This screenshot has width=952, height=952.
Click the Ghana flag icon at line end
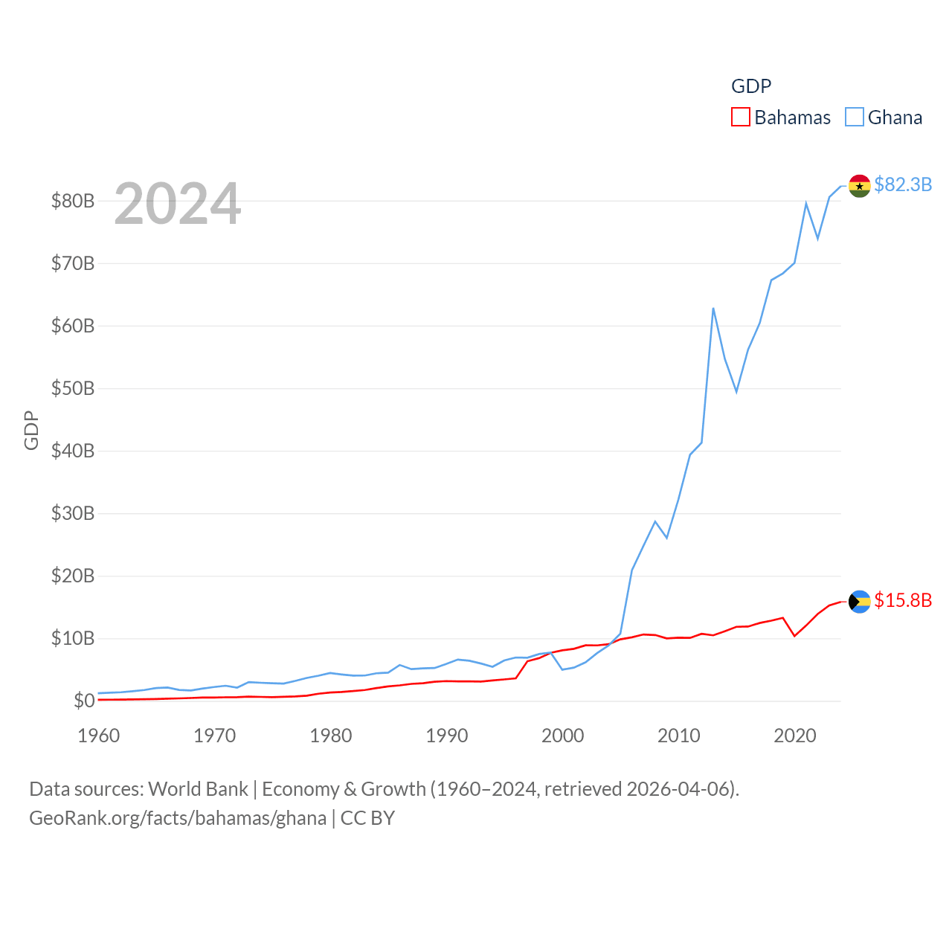coord(859,186)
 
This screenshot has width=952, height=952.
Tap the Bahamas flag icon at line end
coord(859,601)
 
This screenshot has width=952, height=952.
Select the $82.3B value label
coord(903,184)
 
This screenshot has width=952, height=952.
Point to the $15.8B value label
coord(903,600)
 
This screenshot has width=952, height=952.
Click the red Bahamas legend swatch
coord(741,118)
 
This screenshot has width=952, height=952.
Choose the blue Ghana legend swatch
coord(855,118)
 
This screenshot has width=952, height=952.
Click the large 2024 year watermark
coord(177,204)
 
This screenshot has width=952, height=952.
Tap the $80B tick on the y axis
coord(72,201)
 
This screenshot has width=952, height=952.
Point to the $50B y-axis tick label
coord(72,388)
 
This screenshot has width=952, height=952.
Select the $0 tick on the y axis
coord(84,701)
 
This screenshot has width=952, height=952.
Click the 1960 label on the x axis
coord(99,736)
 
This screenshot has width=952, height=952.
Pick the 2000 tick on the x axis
coord(563,736)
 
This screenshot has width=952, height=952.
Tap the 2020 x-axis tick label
coord(795,736)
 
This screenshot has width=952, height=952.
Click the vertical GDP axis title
coord(31,430)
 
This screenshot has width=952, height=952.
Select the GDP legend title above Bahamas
coord(751,86)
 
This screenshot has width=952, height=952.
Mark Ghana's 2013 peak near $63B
coord(713,308)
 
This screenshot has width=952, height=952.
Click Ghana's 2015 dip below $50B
coord(736,391)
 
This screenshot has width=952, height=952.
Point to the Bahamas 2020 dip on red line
coord(794,635)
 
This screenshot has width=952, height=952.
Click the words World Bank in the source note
coord(198,789)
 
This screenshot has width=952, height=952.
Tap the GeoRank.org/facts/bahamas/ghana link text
coord(178,818)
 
